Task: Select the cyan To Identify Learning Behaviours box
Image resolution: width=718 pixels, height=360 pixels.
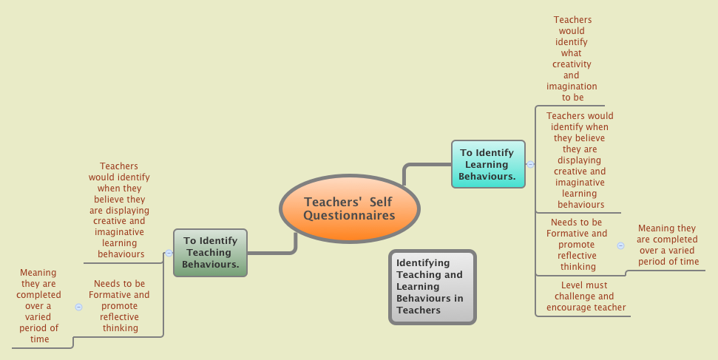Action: [x=488, y=164]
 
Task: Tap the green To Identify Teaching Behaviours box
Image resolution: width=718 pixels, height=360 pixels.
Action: [x=210, y=252]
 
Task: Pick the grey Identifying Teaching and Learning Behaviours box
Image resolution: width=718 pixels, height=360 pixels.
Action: [x=432, y=287]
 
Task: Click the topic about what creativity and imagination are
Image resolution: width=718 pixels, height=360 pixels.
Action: [x=572, y=58]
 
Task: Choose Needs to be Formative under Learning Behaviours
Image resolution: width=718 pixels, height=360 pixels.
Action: [x=577, y=244]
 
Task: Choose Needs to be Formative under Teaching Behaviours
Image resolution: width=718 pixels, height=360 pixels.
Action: [x=119, y=305]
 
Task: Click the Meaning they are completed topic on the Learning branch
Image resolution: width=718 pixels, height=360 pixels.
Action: [x=668, y=245]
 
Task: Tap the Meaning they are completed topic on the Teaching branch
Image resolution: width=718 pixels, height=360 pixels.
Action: [x=39, y=305]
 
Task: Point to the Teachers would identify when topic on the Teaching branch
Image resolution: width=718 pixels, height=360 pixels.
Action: [x=119, y=210]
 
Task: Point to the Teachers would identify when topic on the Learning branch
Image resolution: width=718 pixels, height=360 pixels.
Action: [x=580, y=160]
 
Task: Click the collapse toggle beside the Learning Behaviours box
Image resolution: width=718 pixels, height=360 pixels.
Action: [x=530, y=164]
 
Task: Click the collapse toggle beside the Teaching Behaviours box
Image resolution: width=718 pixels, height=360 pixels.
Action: [x=169, y=253]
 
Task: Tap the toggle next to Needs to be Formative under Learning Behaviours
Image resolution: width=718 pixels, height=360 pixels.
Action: [x=620, y=245]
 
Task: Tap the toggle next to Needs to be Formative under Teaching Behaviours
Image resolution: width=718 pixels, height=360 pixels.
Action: [x=78, y=306]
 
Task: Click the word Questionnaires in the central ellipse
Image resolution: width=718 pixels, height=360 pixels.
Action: [x=349, y=216]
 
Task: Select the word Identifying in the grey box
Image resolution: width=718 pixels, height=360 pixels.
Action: [x=423, y=262]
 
